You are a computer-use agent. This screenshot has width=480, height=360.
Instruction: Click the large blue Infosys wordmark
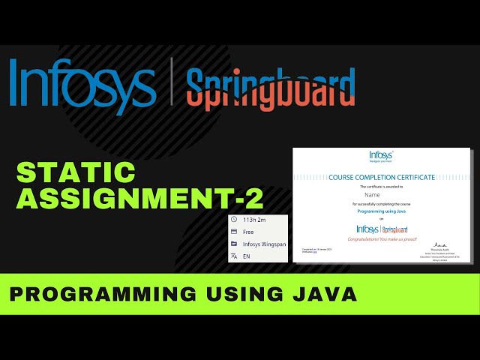pos(82,86)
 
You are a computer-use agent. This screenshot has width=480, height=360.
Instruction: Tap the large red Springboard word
pos(270,88)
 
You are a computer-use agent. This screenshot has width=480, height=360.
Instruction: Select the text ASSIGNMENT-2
pos(139,199)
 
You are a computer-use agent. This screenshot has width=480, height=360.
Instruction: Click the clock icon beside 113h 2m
pos(234,220)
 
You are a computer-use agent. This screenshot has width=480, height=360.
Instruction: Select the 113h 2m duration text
pos(255,220)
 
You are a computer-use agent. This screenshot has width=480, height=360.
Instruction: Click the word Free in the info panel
pos(248,232)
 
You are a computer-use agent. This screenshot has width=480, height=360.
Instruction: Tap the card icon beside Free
pos(234,232)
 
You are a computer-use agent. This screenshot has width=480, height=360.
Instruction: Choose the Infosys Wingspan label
pos(264,244)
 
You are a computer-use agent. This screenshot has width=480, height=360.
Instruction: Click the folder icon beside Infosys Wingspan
pos(234,244)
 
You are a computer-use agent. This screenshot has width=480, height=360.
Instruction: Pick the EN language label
pos(247,256)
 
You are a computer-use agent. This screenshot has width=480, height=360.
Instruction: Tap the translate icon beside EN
pos(234,256)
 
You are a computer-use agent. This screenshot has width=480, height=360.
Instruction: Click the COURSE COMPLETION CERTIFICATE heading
pos(382,177)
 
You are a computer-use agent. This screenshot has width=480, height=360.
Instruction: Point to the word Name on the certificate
pos(382,194)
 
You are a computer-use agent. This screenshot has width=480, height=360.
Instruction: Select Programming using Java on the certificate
pos(382,212)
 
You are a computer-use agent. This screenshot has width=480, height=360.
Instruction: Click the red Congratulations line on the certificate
pos(382,239)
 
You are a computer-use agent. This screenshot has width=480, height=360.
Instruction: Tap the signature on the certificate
pos(441,245)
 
